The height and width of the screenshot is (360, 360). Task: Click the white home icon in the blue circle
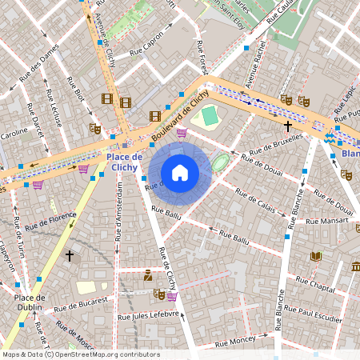point(180,173)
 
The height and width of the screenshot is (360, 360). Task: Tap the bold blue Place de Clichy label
point(124,162)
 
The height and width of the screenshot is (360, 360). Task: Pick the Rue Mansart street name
point(327,220)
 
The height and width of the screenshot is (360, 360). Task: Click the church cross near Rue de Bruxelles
point(287,126)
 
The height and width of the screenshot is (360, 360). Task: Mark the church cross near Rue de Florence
point(70,256)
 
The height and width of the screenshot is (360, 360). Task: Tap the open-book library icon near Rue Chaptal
point(316,256)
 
